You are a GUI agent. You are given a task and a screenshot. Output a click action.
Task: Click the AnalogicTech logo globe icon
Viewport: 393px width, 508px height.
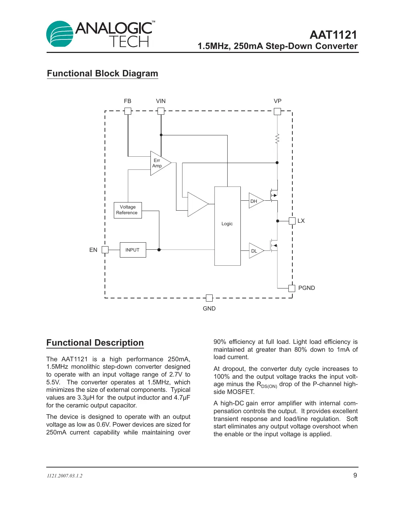click(x=60, y=34)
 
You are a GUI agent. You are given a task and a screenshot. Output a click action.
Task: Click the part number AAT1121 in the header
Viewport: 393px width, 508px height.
click(x=333, y=35)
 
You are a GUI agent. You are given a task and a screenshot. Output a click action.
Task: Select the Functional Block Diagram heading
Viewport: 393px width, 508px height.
click(x=102, y=74)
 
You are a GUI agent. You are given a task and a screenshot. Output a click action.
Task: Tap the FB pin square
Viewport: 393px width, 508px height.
click(x=128, y=111)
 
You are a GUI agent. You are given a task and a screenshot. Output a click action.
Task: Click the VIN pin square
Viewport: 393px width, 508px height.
click(x=161, y=111)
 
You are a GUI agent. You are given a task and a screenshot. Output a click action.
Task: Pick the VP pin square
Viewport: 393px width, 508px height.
click(x=277, y=111)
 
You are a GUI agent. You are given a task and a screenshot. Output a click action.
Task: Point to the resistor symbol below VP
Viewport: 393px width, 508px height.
click(x=277, y=139)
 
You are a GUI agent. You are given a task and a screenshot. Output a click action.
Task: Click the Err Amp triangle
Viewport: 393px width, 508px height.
click(x=159, y=163)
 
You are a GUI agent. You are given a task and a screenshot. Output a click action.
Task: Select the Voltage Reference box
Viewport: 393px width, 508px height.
click(x=128, y=210)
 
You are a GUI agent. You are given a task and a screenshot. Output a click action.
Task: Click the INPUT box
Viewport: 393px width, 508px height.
click(x=133, y=250)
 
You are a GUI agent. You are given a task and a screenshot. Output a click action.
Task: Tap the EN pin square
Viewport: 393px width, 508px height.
click(x=105, y=250)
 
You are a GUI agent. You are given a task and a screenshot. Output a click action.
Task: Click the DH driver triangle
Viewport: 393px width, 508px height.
click(x=255, y=201)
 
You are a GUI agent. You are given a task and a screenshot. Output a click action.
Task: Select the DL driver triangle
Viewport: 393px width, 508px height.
click(x=255, y=250)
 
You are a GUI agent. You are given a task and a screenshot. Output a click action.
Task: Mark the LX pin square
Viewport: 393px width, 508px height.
click(x=292, y=221)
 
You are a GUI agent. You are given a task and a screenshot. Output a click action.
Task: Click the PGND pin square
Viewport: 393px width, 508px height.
click(x=292, y=288)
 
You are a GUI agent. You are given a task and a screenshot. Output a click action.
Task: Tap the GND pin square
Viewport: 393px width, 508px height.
click(x=209, y=298)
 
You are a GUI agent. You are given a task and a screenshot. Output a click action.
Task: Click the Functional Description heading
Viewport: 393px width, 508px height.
click(x=95, y=343)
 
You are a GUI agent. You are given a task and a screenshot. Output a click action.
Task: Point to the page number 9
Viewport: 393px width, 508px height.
click(x=355, y=475)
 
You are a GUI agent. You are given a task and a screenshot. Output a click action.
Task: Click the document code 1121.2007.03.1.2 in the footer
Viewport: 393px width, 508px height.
click(x=65, y=476)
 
